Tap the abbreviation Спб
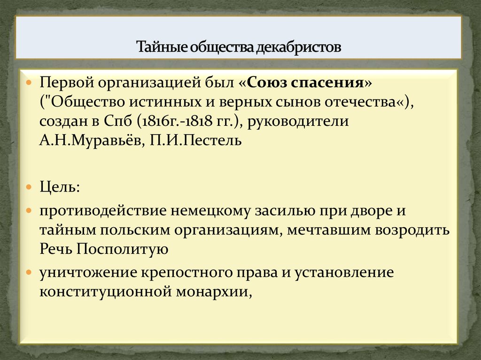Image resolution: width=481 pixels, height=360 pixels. pos(118,122)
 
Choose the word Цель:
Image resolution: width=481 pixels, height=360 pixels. pos(60,187)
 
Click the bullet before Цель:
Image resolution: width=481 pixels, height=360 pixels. pos(30,187)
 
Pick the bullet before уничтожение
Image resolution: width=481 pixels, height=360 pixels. pos(30,272)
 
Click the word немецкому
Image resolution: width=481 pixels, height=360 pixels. pos(214,210)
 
